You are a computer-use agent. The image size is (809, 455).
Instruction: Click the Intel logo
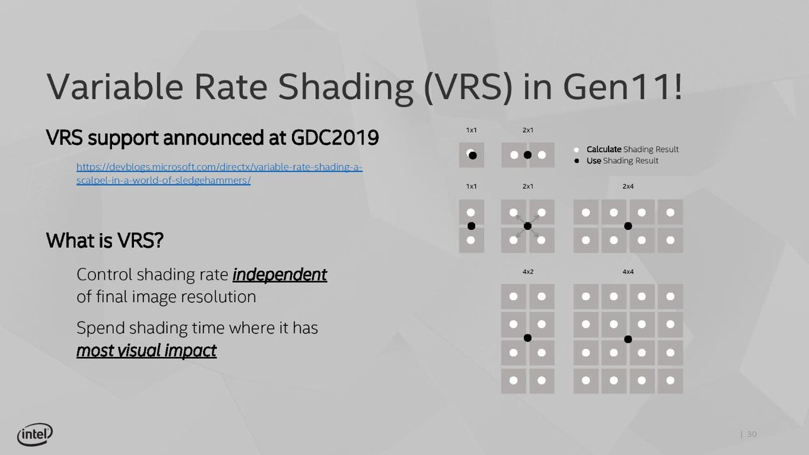pos(35,434)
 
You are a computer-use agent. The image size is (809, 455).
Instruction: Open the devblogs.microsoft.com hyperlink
pos(219,174)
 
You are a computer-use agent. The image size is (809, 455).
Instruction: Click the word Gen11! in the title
pos(623,87)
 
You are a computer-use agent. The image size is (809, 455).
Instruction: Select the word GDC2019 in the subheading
pos(335,138)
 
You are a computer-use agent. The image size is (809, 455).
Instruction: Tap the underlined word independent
pos(279,275)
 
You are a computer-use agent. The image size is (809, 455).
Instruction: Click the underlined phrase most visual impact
pos(146,351)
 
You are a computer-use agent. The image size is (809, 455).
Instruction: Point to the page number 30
pos(751,434)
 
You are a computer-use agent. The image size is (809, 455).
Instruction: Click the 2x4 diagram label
pos(628,186)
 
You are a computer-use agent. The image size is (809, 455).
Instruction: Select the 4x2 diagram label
pos(528,272)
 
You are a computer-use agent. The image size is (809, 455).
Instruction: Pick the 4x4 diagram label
pos(628,272)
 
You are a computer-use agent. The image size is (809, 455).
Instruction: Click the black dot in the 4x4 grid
pos(628,339)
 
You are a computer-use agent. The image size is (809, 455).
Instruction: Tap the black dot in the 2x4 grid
pos(628,226)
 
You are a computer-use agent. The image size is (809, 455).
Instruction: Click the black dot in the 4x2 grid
pos(528,338)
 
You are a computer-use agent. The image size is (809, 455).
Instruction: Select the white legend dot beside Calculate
pos(576,150)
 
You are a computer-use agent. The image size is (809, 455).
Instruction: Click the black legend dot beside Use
pos(576,161)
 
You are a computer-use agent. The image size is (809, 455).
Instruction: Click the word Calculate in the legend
pos(604,149)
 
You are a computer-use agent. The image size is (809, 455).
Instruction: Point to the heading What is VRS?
pos(105,241)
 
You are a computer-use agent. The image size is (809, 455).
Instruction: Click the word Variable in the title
pos(115,87)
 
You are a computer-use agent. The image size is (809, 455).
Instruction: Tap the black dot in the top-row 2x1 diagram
pos(528,155)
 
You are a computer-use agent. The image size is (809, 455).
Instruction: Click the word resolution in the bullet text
pos(218,297)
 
